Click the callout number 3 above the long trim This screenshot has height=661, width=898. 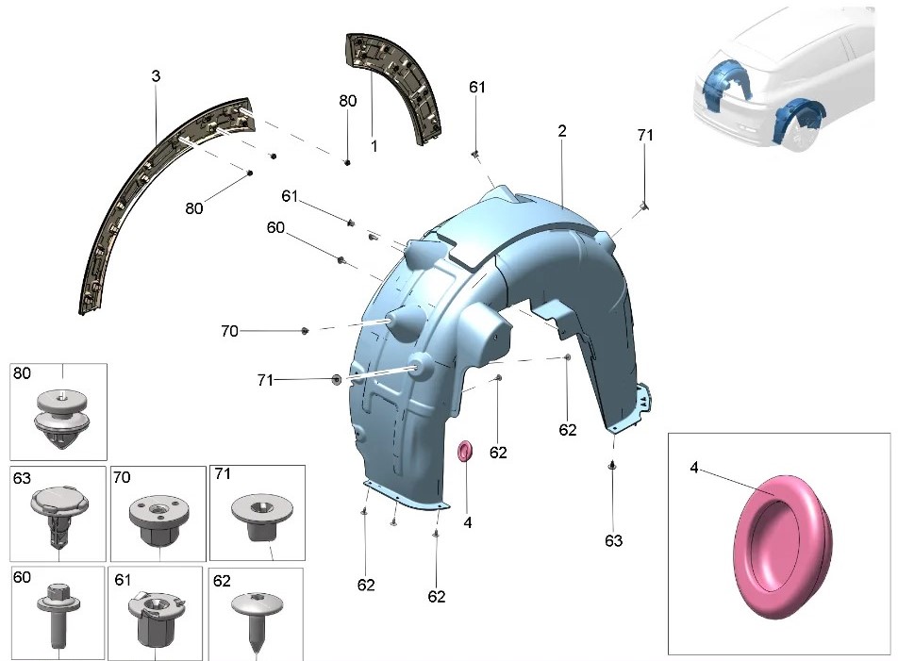pos(156,76)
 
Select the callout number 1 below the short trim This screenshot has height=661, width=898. pos(374,146)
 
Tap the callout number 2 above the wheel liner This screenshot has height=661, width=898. pos(562,131)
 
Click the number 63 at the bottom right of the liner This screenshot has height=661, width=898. pos(613,541)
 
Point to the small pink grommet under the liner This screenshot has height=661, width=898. pos(464,451)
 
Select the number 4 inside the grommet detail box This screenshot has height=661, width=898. pos(694,468)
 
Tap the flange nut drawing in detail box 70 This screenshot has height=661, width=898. pos(158,519)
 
